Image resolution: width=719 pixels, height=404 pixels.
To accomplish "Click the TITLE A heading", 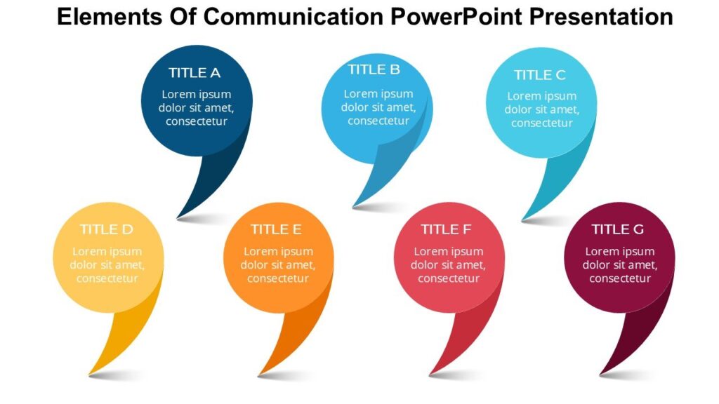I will click(x=194, y=73).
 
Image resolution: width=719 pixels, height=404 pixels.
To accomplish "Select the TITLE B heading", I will click(x=374, y=69).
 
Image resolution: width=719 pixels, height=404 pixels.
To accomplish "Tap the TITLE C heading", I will click(x=539, y=75).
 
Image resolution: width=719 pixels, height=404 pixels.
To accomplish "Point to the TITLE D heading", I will click(x=106, y=229).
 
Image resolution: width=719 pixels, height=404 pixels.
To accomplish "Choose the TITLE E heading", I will click(x=276, y=229).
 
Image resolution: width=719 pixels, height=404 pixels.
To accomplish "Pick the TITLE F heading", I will click(x=446, y=229).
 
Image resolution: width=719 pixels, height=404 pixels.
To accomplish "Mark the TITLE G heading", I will click(x=617, y=229).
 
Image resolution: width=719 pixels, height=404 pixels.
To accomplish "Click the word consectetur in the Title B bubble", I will click(x=378, y=121).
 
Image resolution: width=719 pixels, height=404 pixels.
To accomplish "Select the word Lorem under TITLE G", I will click(x=601, y=251).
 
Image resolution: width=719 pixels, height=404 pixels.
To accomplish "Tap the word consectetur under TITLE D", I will click(x=107, y=278).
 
